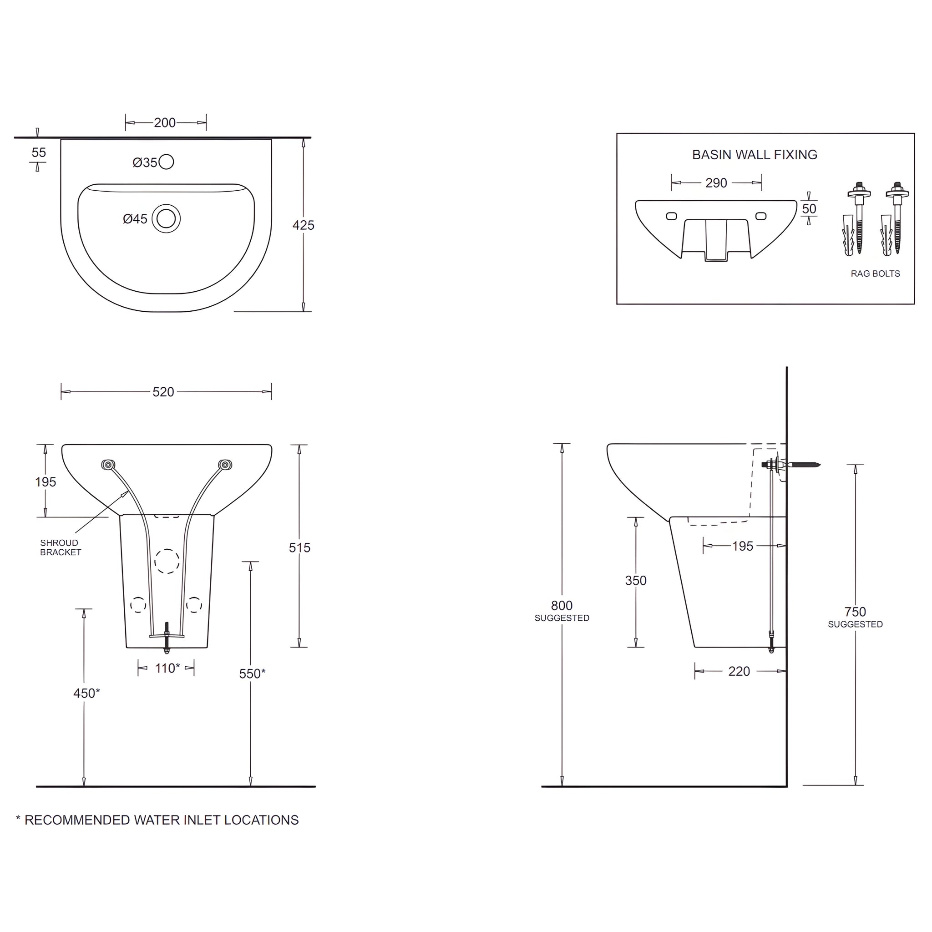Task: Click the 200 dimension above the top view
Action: (x=165, y=122)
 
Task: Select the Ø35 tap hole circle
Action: (x=166, y=162)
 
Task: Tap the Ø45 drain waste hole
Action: (x=166, y=218)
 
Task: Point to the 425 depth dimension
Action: (x=303, y=225)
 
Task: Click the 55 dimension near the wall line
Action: (x=39, y=152)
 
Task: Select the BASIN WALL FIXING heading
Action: (x=755, y=155)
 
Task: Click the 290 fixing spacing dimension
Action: (x=716, y=183)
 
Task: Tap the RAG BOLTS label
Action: (x=875, y=274)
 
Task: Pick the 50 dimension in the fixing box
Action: (x=809, y=209)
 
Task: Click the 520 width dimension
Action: (x=163, y=392)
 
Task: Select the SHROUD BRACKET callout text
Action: (x=61, y=547)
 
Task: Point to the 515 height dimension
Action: (x=299, y=547)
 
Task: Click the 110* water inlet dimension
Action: (x=167, y=668)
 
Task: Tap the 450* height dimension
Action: (x=86, y=693)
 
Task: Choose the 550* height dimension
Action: (x=252, y=674)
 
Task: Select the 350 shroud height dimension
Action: (x=635, y=580)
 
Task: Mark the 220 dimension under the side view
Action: (x=739, y=671)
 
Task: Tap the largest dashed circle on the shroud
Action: (x=167, y=561)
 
